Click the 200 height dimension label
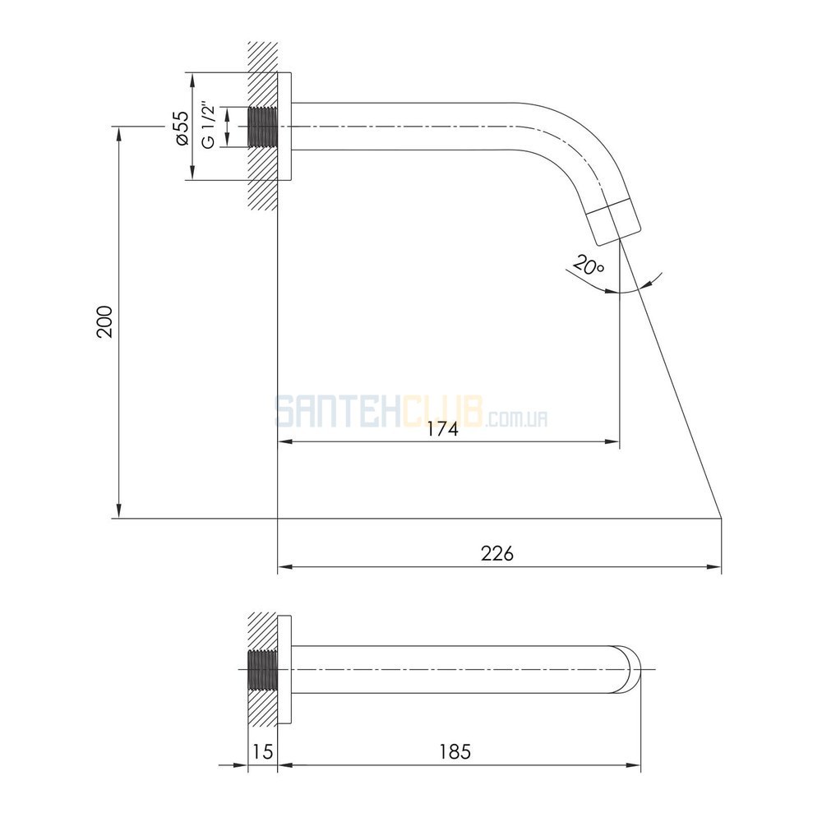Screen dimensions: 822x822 click(x=104, y=321)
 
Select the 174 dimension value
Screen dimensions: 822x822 click(x=442, y=429)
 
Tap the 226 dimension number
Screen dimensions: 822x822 click(x=497, y=553)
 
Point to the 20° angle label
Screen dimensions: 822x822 click(x=589, y=266)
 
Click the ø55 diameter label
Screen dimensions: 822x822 click(x=182, y=128)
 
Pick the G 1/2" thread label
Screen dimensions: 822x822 click(x=209, y=127)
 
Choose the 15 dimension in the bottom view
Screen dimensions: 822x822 click(x=262, y=752)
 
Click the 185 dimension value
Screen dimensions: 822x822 click(x=455, y=752)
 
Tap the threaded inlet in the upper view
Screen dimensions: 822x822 click(x=262, y=127)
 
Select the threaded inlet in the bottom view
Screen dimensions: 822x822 click(x=262, y=670)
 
